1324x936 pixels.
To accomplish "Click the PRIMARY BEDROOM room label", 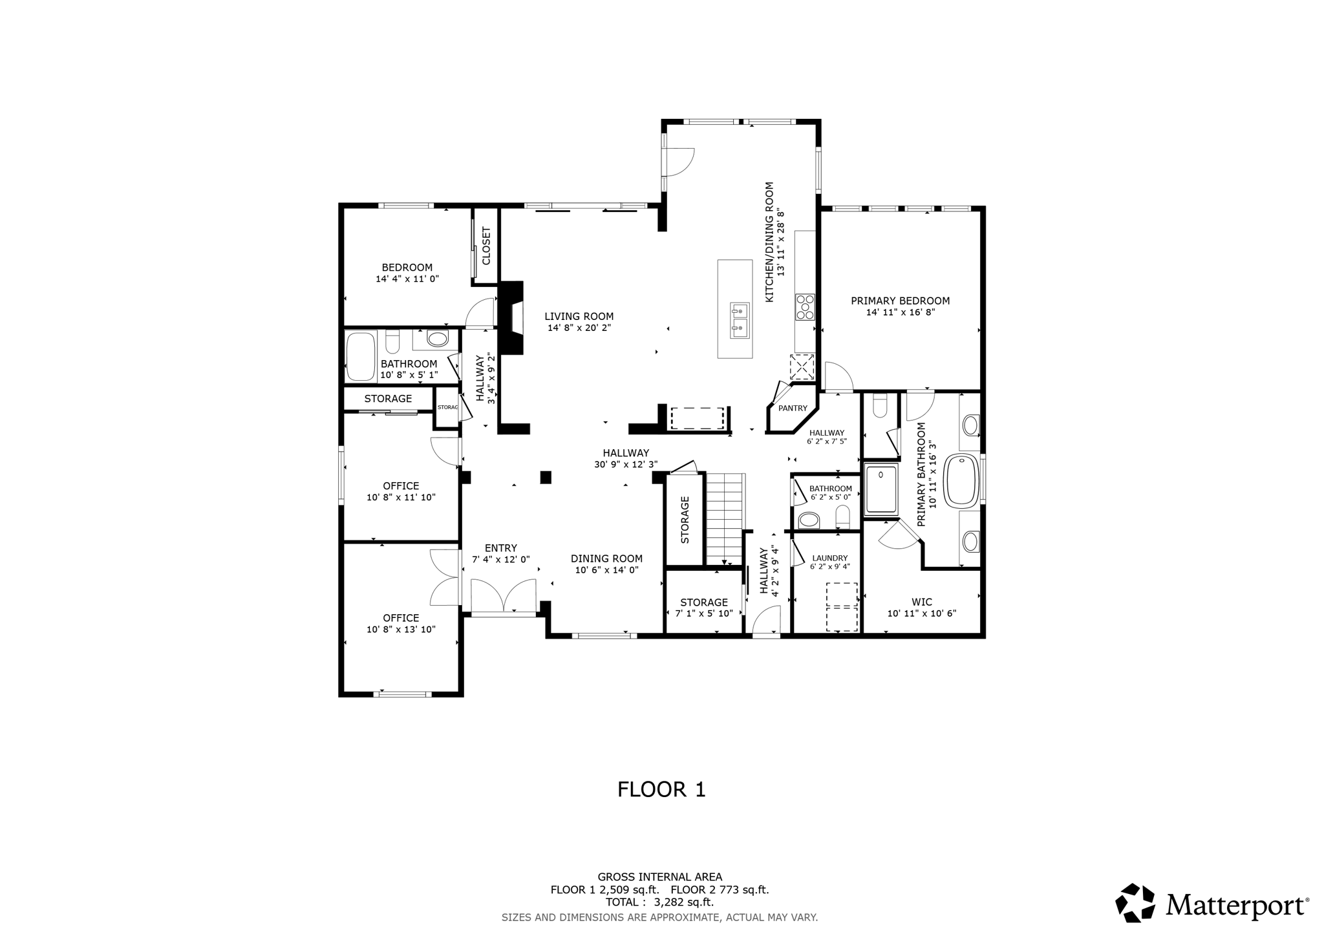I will click(x=900, y=301).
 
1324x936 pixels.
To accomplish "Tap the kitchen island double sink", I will click(x=740, y=321).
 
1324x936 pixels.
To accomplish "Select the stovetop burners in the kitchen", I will click(x=805, y=307).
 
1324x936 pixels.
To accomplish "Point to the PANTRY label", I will click(x=793, y=409).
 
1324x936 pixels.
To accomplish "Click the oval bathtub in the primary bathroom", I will click(x=962, y=480).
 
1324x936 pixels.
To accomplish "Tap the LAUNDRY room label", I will click(x=829, y=558).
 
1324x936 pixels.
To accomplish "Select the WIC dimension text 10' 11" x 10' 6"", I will click(x=921, y=613).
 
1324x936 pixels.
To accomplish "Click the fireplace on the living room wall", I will click(x=513, y=318).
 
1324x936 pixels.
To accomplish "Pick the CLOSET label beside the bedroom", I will click(x=487, y=246).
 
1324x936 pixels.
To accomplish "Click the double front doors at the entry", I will click(x=504, y=596).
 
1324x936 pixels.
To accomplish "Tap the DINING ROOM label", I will click(x=606, y=559).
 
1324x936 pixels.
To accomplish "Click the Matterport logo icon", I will click(x=1135, y=903).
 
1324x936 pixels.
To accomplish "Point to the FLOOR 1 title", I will click(x=661, y=789).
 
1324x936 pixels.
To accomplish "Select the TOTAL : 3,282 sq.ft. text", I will click(x=659, y=902).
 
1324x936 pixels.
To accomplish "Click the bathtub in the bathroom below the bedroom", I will click(x=361, y=356).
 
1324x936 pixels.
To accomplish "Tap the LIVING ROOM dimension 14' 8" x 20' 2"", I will click(x=579, y=328).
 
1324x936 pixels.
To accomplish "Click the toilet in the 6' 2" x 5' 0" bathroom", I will click(x=842, y=516).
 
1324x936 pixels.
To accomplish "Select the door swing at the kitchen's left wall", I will click(x=679, y=162).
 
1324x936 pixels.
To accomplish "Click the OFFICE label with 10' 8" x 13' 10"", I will click(x=401, y=618).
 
